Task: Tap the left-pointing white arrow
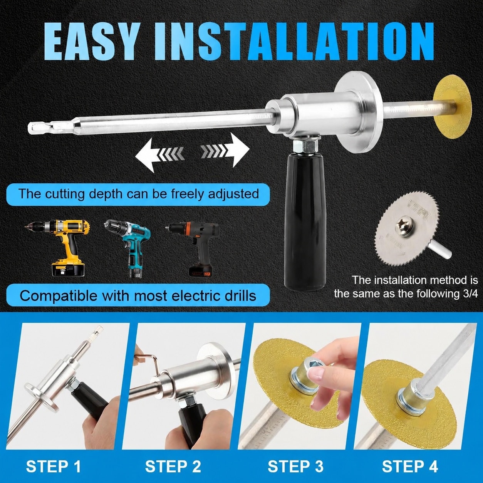(160, 155)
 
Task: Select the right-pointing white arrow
(225, 150)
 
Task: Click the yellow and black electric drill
(59, 247)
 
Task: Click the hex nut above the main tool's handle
(305, 147)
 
